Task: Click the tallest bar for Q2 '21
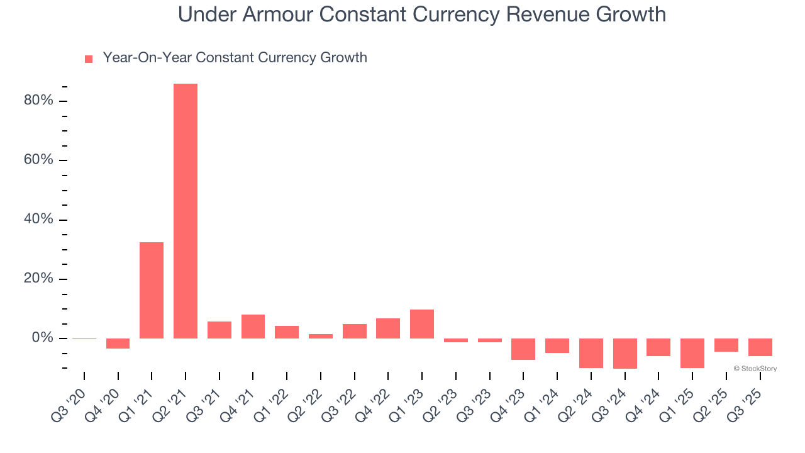(x=186, y=211)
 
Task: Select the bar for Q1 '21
(x=152, y=290)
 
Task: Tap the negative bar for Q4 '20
(x=118, y=344)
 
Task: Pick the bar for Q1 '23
(x=422, y=324)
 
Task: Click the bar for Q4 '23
(x=523, y=349)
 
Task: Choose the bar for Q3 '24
(x=625, y=354)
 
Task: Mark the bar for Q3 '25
(x=760, y=347)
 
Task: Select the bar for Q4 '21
(x=253, y=327)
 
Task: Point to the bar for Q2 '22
(x=321, y=336)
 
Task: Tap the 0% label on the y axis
(x=42, y=338)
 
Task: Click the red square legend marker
(x=89, y=59)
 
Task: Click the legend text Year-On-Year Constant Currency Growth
(x=235, y=58)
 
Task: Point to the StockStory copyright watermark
(x=755, y=369)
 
